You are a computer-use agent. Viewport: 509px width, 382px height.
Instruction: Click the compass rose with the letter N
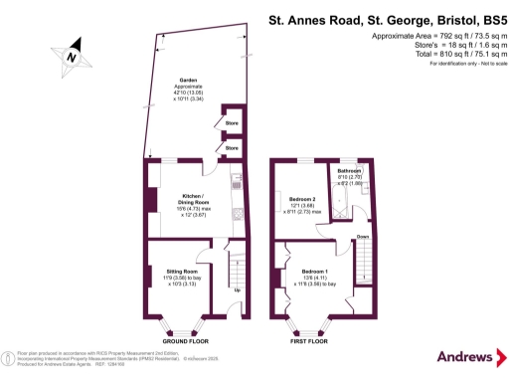click(x=71, y=56)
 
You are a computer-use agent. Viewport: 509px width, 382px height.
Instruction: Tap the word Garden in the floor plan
click(x=186, y=80)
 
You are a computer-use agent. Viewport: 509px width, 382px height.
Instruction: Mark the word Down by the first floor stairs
click(x=364, y=236)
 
